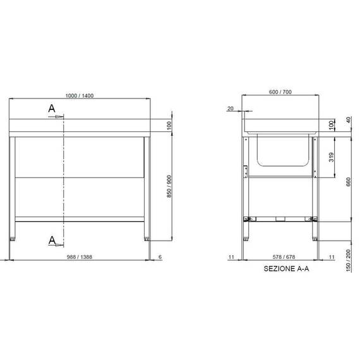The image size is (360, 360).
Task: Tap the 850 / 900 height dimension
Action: (x=169, y=186)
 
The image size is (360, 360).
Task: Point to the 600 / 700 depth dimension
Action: (x=280, y=92)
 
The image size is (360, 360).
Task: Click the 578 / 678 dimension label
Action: (x=280, y=258)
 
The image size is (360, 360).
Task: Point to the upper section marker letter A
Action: (x=52, y=109)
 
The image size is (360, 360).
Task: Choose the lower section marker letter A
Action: (x=52, y=239)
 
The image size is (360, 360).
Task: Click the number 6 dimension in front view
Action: (x=160, y=258)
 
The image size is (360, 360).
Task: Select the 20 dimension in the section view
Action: (x=230, y=109)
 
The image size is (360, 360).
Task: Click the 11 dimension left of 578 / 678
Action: (x=232, y=258)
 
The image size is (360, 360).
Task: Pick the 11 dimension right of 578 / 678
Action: (x=332, y=258)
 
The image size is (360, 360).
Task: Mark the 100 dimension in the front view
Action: (x=169, y=126)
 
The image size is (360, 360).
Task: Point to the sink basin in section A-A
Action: (x=282, y=152)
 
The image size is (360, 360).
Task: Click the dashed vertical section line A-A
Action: (x=64, y=183)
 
